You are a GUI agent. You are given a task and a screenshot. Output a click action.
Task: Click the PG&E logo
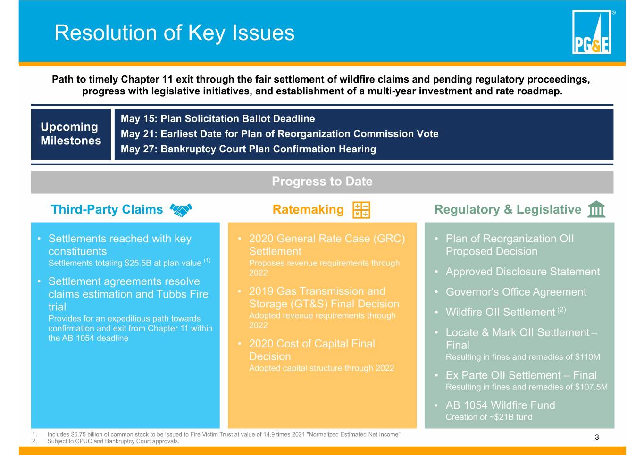pyautogui.click(x=592, y=32)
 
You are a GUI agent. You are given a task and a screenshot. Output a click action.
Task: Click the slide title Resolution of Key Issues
pyautogui.click(x=174, y=33)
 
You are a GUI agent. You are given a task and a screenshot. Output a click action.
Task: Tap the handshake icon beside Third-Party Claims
pyautogui.click(x=181, y=210)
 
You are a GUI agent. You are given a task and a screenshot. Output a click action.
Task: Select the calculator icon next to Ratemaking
pyautogui.click(x=361, y=210)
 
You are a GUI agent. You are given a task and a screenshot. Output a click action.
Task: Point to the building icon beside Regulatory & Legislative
pyautogui.click(x=596, y=209)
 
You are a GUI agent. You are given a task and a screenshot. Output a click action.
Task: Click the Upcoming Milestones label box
pyautogui.click(x=71, y=134)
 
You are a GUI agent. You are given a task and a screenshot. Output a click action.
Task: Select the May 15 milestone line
pyautogui.click(x=217, y=119)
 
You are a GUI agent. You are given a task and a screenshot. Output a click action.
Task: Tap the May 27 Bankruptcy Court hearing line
pyautogui.click(x=248, y=149)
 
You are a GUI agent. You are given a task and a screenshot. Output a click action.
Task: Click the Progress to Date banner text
pyautogui.click(x=322, y=182)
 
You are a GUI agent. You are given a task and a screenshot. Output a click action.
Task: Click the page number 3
pyautogui.click(x=597, y=437)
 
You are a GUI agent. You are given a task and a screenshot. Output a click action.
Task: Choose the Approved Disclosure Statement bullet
pyautogui.click(x=522, y=272)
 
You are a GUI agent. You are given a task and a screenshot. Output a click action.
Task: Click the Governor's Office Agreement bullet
pyautogui.click(x=516, y=292)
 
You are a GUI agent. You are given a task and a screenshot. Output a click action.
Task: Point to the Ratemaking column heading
pyautogui.click(x=308, y=209)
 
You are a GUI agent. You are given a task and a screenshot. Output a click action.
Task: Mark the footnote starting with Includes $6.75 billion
pyautogui.click(x=223, y=434)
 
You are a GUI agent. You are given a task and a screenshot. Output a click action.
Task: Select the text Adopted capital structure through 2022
pyautogui.click(x=321, y=368)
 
